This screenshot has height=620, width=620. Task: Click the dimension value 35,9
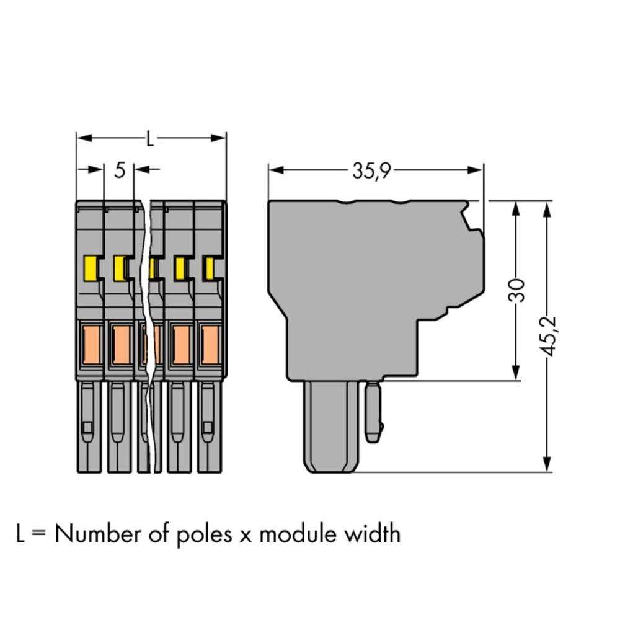click(371, 171)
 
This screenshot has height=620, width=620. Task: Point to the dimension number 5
click(120, 170)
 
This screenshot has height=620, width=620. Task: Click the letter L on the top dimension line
click(149, 139)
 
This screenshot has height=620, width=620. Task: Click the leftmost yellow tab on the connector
click(91, 268)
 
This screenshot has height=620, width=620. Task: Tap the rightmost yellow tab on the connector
click(210, 268)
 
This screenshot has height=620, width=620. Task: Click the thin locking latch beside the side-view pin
click(373, 412)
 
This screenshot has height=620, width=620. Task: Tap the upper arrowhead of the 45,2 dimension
click(546, 208)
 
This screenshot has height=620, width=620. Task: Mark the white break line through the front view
click(148, 335)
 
